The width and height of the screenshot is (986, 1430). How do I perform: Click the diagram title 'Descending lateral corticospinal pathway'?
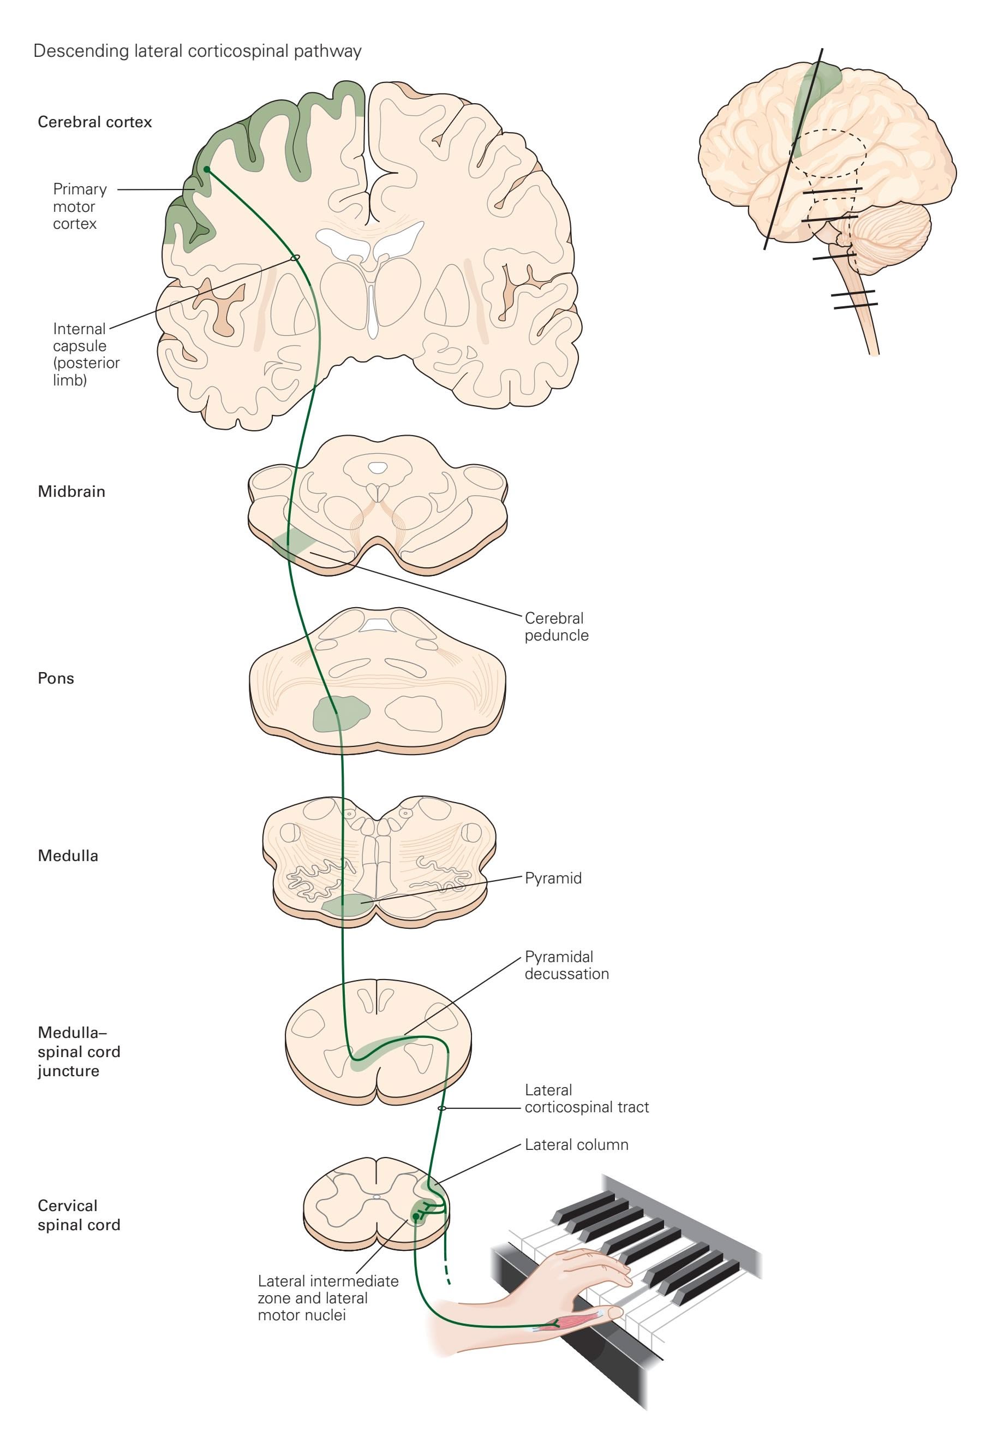[x=197, y=51]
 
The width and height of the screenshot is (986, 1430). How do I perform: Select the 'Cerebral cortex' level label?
[x=94, y=122]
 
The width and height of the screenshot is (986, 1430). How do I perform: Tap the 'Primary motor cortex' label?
[x=80, y=206]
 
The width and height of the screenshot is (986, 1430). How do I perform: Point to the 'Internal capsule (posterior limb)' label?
[x=86, y=354]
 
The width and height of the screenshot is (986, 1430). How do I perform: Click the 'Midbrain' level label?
[x=71, y=491]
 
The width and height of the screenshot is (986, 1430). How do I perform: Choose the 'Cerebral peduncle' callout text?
[x=556, y=626]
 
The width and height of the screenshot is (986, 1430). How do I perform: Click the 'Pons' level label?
[x=56, y=678]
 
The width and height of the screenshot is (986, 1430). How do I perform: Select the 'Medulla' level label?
[x=68, y=856]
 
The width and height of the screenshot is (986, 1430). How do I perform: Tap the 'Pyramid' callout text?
[x=553, y=879]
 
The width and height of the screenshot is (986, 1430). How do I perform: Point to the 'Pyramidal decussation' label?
[x=566, y=965]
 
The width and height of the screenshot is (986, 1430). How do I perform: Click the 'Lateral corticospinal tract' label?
[x=586, y=1099]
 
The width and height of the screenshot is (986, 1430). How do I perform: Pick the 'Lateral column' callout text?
[x=576, y=1145]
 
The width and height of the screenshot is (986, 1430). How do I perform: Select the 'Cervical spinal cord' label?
[x=79, y=1215]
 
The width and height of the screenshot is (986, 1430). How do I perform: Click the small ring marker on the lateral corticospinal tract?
[x=442, y=1108]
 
